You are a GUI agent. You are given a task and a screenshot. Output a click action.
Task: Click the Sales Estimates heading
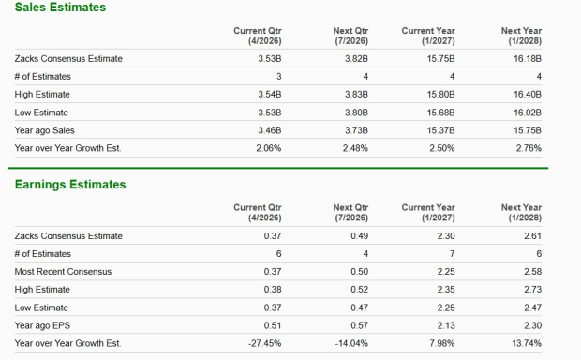[60, 7]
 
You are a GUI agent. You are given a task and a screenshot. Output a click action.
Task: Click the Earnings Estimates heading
[70, 185]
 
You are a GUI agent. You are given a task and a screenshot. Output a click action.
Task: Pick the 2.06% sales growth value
[268, 148]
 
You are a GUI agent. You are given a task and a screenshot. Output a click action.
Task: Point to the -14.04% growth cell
[352, 343]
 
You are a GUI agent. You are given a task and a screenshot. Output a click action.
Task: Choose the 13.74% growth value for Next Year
[528, 343]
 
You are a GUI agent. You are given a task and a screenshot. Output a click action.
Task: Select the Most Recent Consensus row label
[63, 272]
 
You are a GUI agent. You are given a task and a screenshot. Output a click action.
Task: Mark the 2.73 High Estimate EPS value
[532, 290]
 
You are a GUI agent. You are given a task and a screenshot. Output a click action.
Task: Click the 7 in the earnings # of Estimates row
[453, 254]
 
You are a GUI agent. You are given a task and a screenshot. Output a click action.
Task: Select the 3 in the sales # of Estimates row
[278, 77]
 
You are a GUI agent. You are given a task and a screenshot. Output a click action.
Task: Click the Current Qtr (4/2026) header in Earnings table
[258, 212]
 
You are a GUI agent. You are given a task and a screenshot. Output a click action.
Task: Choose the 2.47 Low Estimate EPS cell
[532, 307]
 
